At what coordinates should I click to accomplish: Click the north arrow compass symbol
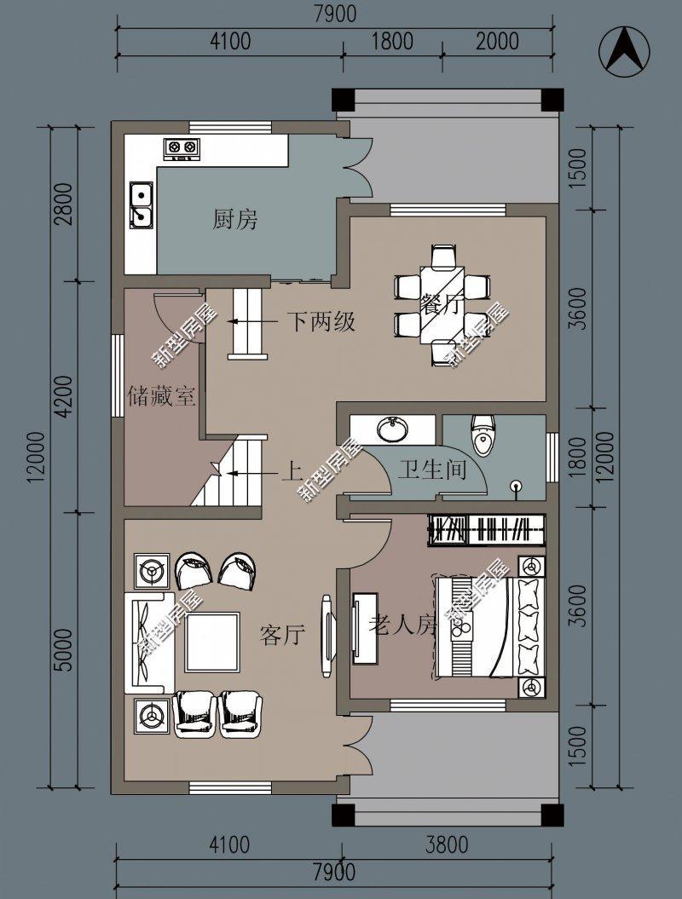[625, 50]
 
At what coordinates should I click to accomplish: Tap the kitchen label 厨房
[234, 220]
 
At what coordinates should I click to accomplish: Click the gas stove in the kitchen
[182, 148]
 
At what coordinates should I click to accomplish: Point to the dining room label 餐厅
[441, 304]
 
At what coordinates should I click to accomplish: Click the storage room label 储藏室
[162, 396]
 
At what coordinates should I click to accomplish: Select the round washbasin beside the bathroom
[393, 429]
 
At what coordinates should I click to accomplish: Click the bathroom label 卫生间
[432, 470]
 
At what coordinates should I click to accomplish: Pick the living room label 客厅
[282, 635]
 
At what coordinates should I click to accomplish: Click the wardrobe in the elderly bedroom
[487, 528]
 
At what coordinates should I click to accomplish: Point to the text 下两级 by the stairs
[321, 321]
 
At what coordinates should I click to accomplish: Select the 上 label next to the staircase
[292, 472]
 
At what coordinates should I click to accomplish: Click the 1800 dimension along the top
[393, 41]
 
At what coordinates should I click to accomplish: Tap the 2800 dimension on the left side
[66, 204]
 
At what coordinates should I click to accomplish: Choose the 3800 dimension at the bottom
[447, 844]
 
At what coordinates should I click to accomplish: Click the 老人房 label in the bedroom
[402, 625]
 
